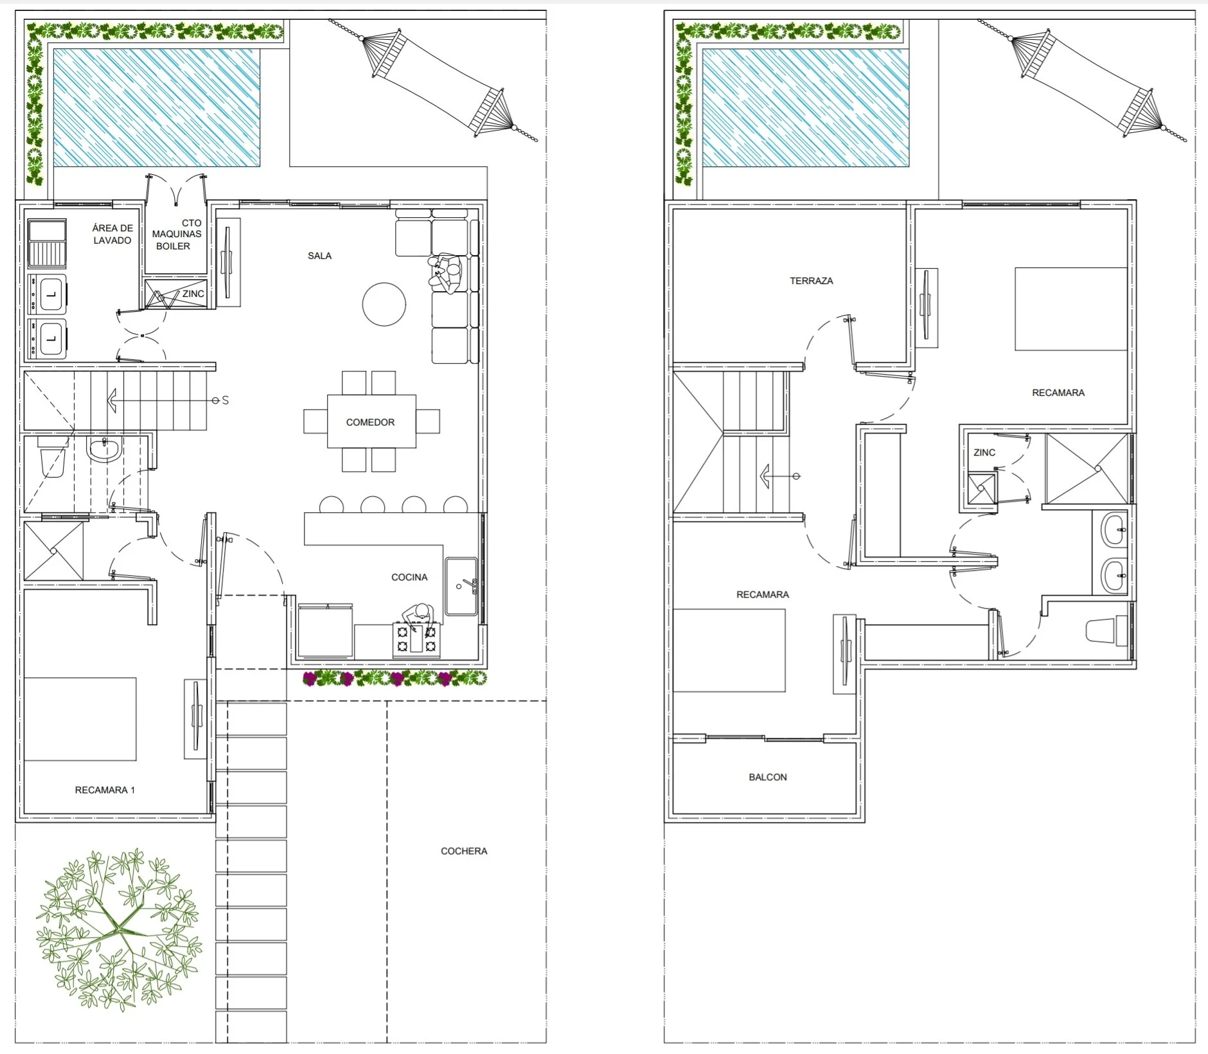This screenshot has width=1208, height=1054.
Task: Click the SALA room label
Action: pos(319,256)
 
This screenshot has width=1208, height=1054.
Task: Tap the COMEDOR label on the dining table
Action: pos(370,422)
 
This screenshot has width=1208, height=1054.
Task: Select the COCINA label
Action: pos(409,577)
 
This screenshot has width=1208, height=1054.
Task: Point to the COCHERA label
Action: pos(464,851)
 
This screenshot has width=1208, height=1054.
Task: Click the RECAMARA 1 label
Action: pos(105,790)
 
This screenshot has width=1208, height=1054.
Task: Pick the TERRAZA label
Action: pos(811,281)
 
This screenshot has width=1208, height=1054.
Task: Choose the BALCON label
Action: pos(768,777)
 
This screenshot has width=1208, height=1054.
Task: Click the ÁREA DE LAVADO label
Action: pos(112,234)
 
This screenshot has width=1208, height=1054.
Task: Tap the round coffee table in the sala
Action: pos(384,305)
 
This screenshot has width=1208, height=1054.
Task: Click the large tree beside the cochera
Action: pos(119,930)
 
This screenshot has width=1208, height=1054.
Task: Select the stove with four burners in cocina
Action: pos(416,639)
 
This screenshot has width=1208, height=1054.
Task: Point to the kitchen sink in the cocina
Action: pos(461,586)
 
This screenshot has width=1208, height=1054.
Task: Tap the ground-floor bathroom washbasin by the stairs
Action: pos(103,449)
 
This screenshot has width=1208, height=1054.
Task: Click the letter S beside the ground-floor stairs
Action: pos(225,400)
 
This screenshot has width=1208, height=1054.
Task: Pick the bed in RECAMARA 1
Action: pos(80,719)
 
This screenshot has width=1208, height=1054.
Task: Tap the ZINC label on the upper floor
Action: pos(984,452)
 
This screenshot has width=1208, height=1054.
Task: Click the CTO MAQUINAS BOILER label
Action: pos(177,235)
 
